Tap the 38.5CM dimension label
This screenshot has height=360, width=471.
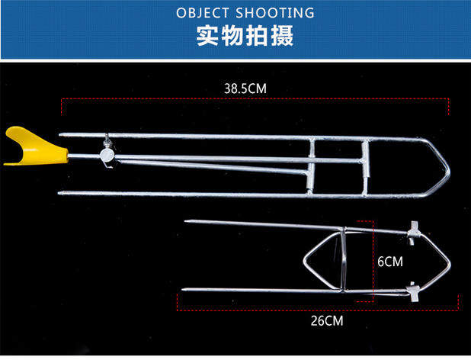pyautogui.click(x=245, y=88)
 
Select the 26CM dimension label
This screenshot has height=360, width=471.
pyautogui.click(x=327, y=321)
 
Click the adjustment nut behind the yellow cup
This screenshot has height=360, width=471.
pyautogui.click(x=107, y=154)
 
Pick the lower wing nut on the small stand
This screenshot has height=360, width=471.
pyautogui.click(x=414, y=290)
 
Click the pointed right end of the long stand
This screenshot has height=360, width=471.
pyautogui.click(x=447, y=168)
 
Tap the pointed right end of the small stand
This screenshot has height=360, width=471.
pyautogui.click(x=450, y=261)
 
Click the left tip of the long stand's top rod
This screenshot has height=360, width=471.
pyautogui.click(x=62, y=136)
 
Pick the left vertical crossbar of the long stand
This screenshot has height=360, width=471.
pyautogui.click(x=312, y=163)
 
